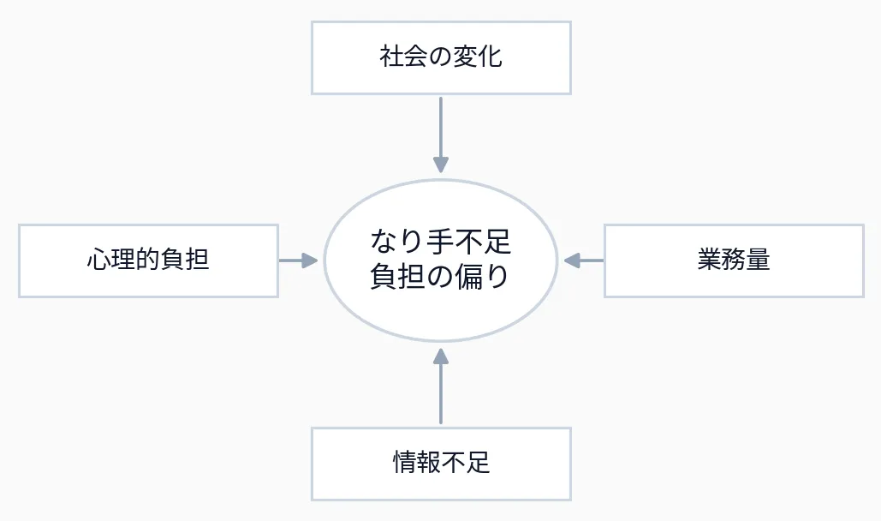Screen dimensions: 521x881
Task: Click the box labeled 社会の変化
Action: (x=441, y=57)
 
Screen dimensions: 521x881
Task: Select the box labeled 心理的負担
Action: (x=148, y=260)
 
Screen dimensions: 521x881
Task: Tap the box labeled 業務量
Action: (x=734, y=260)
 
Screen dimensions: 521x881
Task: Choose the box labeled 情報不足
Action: (x=441, y=464)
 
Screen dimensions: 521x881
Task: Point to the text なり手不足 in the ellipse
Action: (x=441, y=243)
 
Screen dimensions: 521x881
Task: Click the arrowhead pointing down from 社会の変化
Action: (x=441, y=165)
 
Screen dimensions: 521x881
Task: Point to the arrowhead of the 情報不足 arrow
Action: (x=441, y=356)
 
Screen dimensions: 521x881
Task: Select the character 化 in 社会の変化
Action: (x=491, y=57)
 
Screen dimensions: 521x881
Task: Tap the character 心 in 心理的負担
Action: (x=98, y=260)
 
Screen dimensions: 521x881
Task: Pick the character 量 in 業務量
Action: (x=759, y=260)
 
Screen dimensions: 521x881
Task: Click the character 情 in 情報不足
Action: (x=404, y=464)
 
